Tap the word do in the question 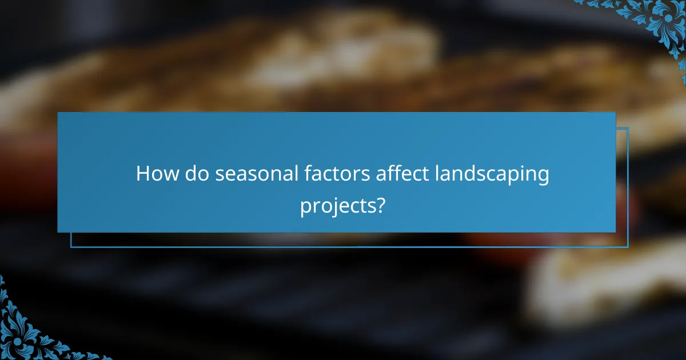click(193, 174)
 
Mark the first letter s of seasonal click(220, 176)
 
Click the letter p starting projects click(306, 207)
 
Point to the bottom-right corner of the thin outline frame click(628, 247)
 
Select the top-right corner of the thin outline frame click(628, 128)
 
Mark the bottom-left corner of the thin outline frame click(71, 247)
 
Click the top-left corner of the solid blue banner click(58, 113)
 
